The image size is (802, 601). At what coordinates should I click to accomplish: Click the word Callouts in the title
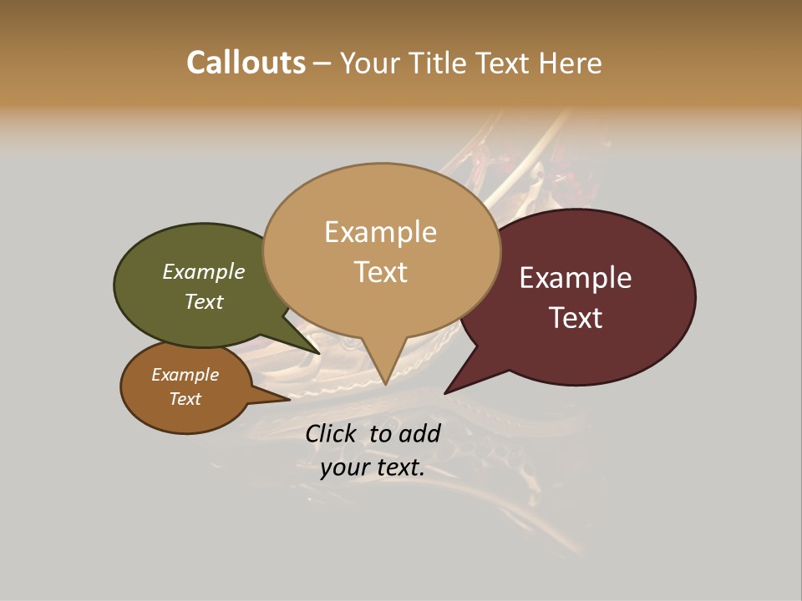246,63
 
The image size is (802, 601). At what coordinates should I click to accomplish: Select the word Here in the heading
570,63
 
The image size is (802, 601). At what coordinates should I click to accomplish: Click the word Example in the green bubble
204,271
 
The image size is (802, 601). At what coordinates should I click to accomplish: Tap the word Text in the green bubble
204,301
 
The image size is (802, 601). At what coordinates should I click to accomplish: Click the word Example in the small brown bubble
185,375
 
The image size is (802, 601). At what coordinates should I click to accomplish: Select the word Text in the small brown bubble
185,399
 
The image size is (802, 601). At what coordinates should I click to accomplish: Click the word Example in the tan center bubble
380,232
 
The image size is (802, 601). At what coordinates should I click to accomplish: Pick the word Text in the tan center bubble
380,272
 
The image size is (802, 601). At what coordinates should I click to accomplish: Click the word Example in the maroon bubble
576,278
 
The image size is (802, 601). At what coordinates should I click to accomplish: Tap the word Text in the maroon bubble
576,318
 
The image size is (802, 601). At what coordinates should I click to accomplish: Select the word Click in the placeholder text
332,433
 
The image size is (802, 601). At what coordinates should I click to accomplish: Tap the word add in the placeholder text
419,433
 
